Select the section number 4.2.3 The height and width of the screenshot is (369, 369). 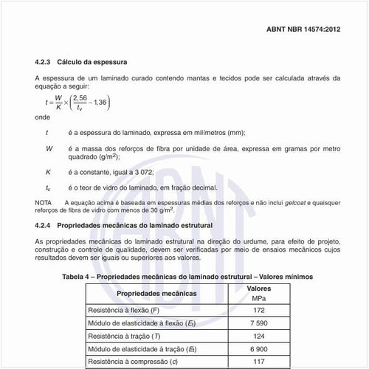[45, 61]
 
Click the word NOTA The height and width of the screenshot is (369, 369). [44, 201]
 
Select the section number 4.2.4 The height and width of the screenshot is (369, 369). [45, 224]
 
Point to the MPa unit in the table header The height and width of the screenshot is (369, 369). [258, 297]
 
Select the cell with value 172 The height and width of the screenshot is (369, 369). [258, 311]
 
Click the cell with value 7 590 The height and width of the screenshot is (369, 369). [258, 324]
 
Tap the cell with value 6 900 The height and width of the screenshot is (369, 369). [258, 349]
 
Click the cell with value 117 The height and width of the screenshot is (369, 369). [258, 362]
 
